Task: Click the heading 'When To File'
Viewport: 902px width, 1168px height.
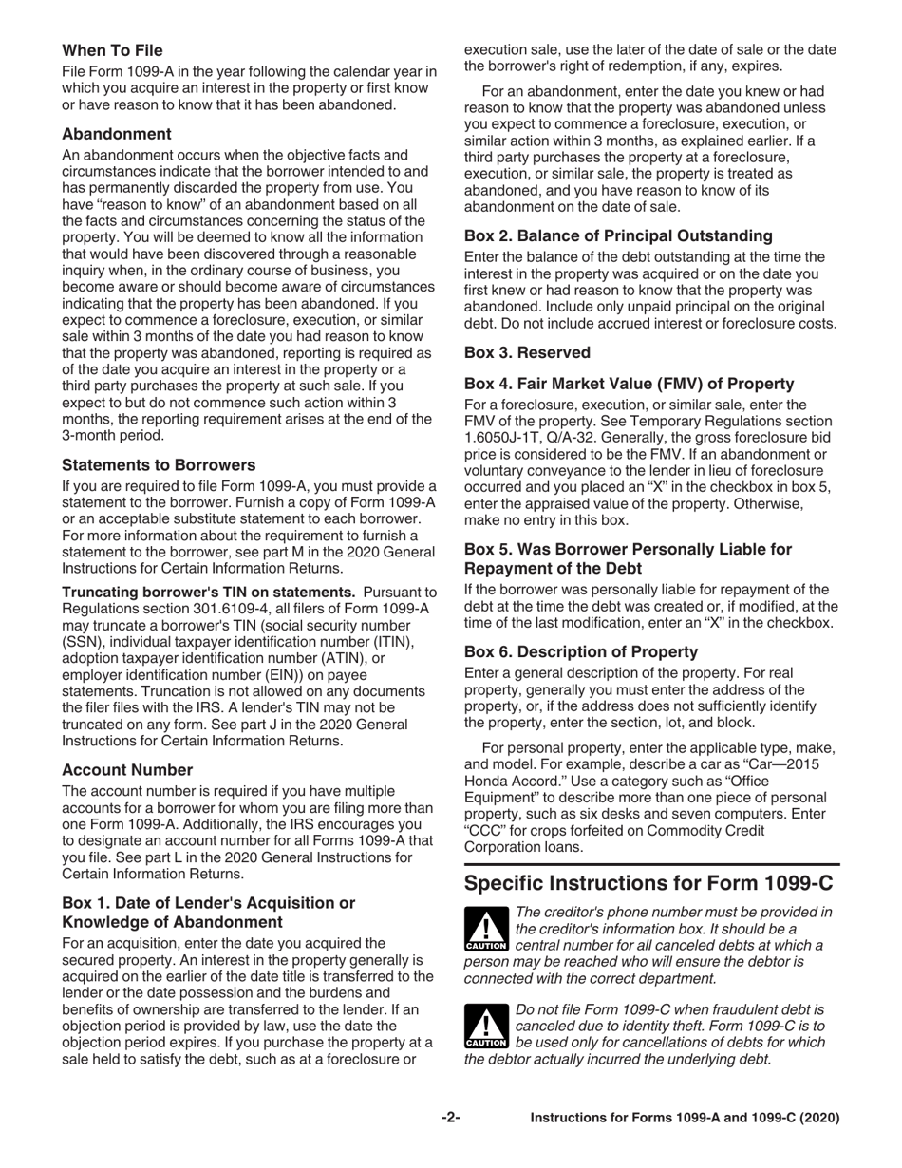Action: coord(112,50)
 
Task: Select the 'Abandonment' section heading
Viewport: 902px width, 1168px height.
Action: coord(117,134)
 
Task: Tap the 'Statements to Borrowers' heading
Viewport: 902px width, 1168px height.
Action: coord(159,464)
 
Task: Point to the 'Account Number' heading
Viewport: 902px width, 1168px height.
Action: coord(127,769)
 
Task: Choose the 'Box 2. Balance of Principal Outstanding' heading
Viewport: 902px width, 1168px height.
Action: coord(618,235)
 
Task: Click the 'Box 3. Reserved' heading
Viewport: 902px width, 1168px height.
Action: coord(527,352)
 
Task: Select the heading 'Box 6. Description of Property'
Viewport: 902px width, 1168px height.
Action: coord(581,651)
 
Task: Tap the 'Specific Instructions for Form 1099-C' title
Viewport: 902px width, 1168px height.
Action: coord(648,882)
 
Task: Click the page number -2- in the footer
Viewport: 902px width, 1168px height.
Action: coord(451,1118)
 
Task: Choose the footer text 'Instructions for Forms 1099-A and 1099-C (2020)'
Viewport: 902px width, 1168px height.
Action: coord(685,1118)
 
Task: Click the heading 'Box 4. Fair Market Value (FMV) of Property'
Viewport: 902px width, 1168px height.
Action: coord(629,384)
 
